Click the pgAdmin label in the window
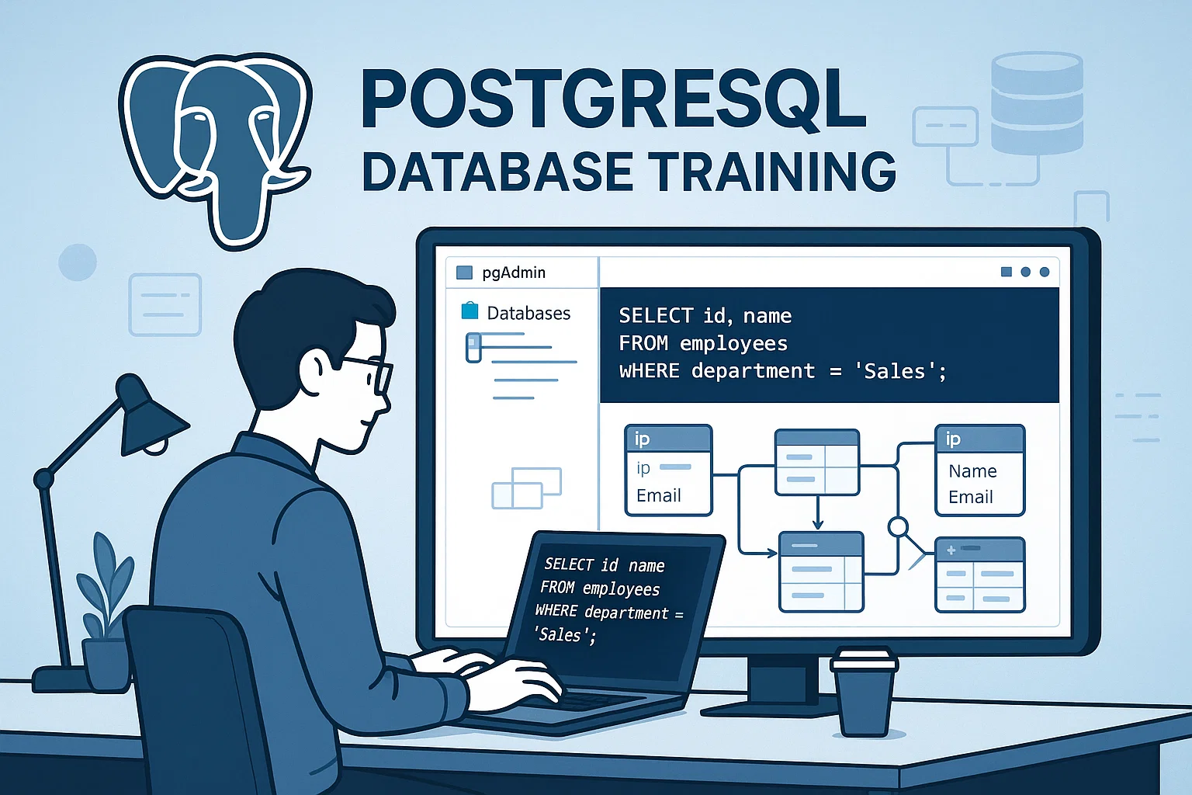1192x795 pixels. pos(514,273)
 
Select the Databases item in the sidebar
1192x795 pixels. pos(528,313)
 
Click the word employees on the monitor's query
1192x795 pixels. pos(733,343)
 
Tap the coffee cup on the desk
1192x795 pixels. pos(864,692)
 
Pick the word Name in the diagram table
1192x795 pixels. pos(972,471)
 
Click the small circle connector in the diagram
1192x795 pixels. pos(898,527)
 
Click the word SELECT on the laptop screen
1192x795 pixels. pos(569,564)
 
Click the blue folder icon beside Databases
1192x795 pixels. pos(470,311)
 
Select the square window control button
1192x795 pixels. pos(1006,272)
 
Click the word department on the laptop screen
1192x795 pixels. pos(626,613)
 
